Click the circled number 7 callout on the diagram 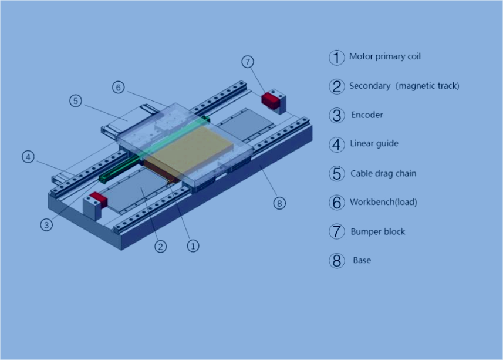[248, 62]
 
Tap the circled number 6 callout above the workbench [118, 87]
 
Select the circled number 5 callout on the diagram [75, 101]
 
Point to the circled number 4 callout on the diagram [28, 157]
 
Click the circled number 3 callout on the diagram [46, 224]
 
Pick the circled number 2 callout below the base [160, 247]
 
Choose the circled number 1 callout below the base [193, 245]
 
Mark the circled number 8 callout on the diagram [279, 203]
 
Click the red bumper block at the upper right [271, 99]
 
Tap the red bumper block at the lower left [96, 200]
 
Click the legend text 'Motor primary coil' [384, 57]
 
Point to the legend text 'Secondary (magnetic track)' [404, 86]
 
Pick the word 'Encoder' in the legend [367, 115]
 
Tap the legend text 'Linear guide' [374, 144]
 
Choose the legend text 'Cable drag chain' [383, 174]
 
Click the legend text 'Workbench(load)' [383, 202]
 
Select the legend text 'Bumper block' [377, 231]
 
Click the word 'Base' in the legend [362, 260]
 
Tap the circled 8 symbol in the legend [336, 261]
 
